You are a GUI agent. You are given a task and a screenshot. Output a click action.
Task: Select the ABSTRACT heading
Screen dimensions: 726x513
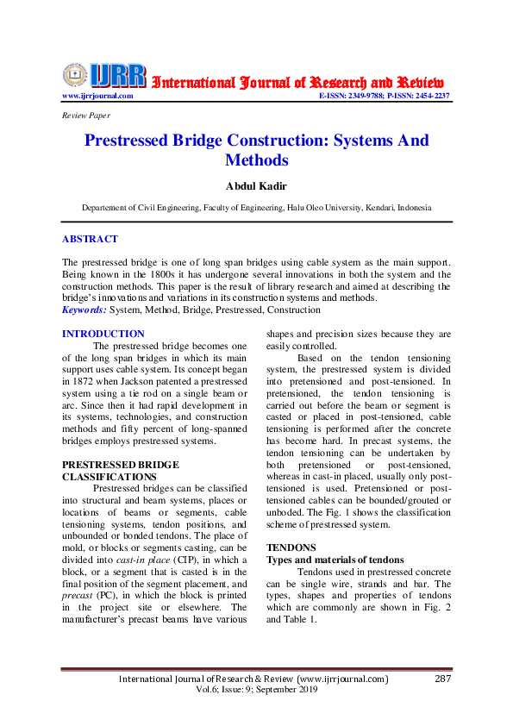coord(90,239)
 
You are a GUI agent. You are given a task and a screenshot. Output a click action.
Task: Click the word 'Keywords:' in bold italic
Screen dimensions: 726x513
coord(84,310)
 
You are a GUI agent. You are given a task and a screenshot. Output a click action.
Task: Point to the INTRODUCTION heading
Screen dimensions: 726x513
coord(103,334)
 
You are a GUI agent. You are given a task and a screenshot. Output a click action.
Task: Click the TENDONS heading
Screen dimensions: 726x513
coord(291,547)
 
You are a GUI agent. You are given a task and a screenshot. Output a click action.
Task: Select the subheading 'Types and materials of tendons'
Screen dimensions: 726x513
coord(335,559)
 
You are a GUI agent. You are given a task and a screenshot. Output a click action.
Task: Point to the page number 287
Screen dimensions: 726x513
coord(443,679)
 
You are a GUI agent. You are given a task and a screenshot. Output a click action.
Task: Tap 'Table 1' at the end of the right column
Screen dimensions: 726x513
coord(299,619)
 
